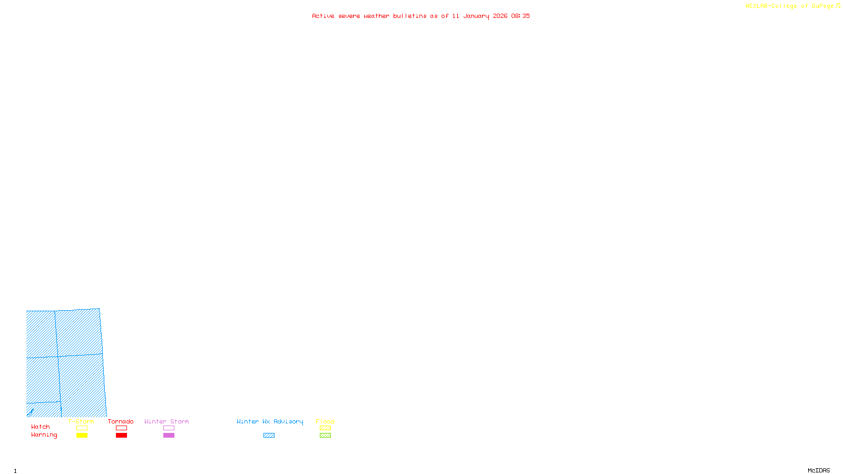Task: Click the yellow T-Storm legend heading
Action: (81, 421)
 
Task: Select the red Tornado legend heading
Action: (121, 421)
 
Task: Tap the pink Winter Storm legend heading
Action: (166, 421)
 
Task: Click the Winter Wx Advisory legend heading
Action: (270, 421)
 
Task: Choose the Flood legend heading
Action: (325, 421)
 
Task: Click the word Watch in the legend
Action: (41, 427)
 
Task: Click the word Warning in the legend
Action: (44, 435)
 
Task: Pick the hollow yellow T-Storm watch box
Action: (82, 428)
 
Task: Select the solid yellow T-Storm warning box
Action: (82, 436)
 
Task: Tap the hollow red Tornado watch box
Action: (121, 428)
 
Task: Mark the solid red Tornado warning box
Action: (121, 436)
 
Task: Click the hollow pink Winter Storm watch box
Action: (169, 428)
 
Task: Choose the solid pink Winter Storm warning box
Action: (169, 436)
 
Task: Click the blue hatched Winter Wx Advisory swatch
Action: (269, 436)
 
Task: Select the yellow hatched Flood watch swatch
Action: (325, 428)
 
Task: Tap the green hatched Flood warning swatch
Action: (325, 436)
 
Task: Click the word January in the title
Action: (476, 16)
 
